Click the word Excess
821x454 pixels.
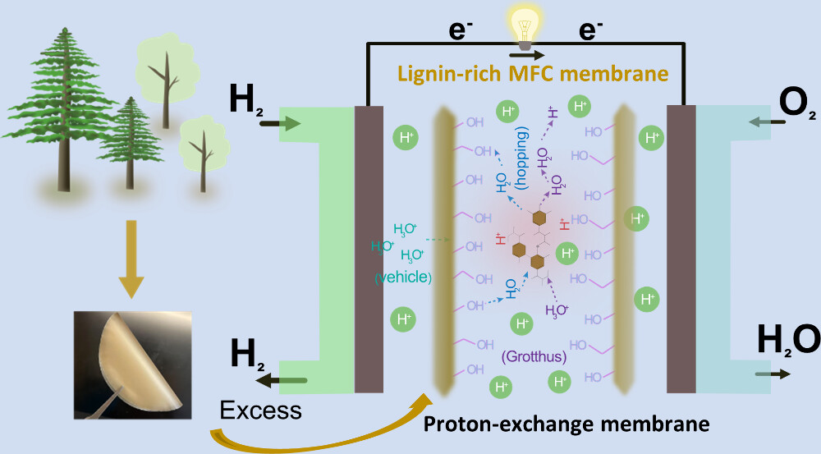pos(260,408)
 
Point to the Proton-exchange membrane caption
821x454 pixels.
pos(566,425)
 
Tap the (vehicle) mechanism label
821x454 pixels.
pos(402,277)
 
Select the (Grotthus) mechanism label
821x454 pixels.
pos(534,357)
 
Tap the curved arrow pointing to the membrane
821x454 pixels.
pos(320,427)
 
